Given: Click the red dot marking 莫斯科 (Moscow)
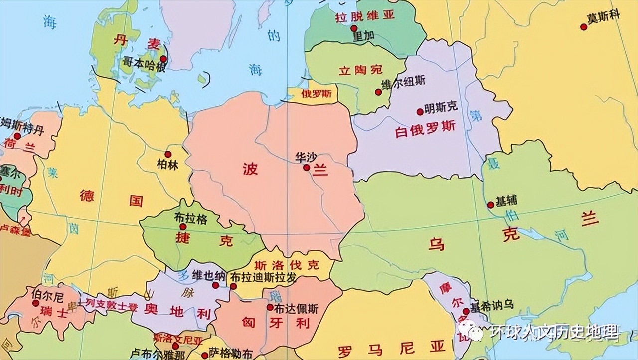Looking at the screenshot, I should click(584, 27).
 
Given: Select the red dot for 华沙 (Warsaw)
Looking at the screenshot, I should click(307, 168).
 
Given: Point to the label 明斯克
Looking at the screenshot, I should click(441, 107).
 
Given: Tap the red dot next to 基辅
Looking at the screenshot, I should click(491, 204).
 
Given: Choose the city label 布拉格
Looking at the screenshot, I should click(190, 218).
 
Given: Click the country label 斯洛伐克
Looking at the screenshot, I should click(286, 265).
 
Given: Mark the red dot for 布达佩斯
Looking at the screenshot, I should click(270, 307).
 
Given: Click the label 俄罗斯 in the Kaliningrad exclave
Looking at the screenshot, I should click(312, 93).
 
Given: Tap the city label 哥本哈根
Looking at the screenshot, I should click(144, 63).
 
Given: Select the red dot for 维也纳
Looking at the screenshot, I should click(216, 285).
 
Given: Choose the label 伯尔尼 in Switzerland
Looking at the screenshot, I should click(47, 297).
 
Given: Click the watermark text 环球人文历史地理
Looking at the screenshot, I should click(553, 332).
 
